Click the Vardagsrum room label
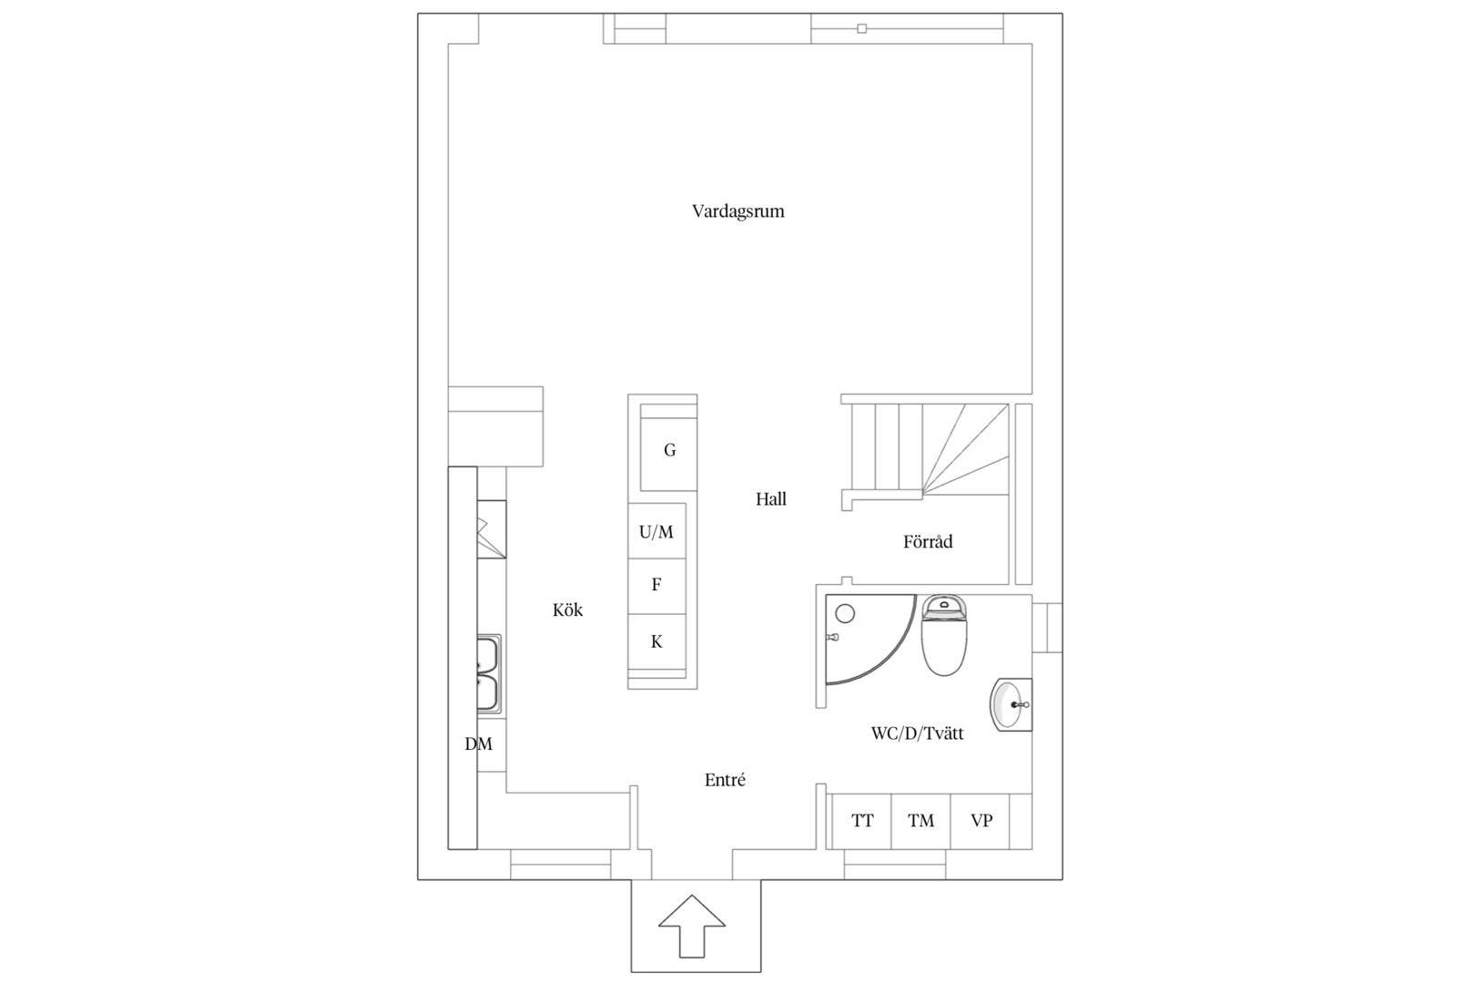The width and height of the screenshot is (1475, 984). [737, 211]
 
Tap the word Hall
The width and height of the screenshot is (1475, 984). [770, 499]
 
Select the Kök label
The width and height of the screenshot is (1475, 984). [567, 610]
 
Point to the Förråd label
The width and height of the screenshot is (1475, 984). [928, 541]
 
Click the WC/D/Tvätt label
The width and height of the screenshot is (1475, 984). [917, 733]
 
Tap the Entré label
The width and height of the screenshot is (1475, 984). [725, 780]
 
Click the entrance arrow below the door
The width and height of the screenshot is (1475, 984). [691, 926]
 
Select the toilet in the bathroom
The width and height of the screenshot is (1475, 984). [943, 634]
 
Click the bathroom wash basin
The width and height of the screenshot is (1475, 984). [1012, 704]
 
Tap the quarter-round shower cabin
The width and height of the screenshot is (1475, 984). [870, 639]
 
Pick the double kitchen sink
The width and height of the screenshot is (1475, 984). [489, 673]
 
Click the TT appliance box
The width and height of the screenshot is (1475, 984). [862, 821]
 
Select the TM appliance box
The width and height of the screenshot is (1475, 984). [921, 821]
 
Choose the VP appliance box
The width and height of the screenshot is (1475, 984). [980, 821]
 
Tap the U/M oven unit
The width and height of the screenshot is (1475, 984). [656, 531]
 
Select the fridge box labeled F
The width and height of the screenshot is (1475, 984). [656, 586]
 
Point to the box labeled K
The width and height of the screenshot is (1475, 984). [656, 642]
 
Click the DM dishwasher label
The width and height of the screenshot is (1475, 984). [479, 744]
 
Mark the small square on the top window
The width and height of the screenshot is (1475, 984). [862, 28]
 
